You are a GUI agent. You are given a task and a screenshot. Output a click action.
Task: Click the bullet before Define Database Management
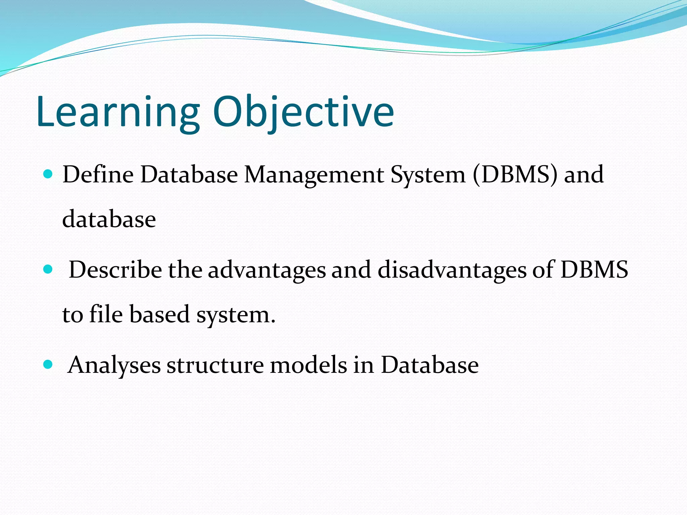48,174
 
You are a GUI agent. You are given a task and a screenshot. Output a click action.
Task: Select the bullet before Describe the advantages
48,269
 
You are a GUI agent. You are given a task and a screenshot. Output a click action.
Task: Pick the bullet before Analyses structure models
48,364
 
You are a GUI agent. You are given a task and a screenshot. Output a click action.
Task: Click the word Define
98,175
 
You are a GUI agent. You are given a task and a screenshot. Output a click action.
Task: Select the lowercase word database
109,219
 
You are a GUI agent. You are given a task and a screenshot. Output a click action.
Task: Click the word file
106,314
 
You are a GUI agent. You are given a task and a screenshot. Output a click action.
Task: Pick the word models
308,365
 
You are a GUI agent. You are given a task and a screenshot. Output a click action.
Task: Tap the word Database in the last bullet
429,365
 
